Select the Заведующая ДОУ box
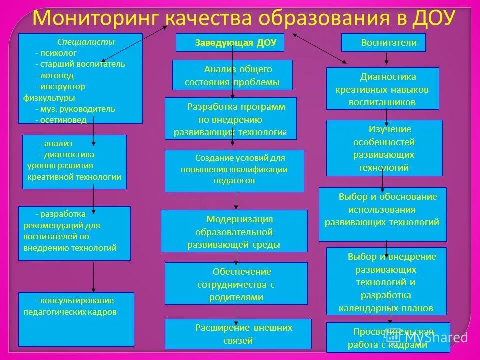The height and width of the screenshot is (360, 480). coord(230,43)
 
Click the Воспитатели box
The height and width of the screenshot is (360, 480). coord(383,43)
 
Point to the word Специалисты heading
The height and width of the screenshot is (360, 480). coord(85,42)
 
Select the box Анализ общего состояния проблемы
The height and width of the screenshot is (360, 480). coord(232,75)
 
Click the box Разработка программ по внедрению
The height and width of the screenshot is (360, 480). coord(230,119)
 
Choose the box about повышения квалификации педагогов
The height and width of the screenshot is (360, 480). coord(234,170)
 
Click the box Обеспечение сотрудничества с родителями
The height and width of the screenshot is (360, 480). coord(236,283)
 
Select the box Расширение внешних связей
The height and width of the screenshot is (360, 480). coord(238,334)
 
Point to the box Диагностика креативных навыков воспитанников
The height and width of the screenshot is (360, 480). coord(382,88)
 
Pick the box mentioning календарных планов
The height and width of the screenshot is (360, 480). coord(386,281)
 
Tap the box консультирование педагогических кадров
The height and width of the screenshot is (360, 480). coord(76,319)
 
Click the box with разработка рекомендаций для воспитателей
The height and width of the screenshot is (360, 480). coord(74,233)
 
